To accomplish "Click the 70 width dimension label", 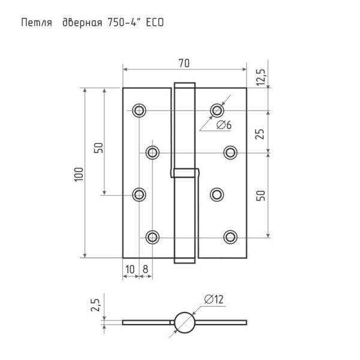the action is click(184, 64).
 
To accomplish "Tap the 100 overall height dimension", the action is click(79, 175).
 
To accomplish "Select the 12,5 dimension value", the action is click(261, 77).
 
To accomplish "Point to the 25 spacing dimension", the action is click(260, 134).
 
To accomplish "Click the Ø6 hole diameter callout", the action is click(224, 125).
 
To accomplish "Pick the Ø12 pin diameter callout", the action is click(214, 299).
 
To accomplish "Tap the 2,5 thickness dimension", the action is click(95, 305).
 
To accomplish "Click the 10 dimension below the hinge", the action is click(130, 269).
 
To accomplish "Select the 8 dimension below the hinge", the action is click(145, 269).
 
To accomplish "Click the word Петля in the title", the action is click(37, 23).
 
